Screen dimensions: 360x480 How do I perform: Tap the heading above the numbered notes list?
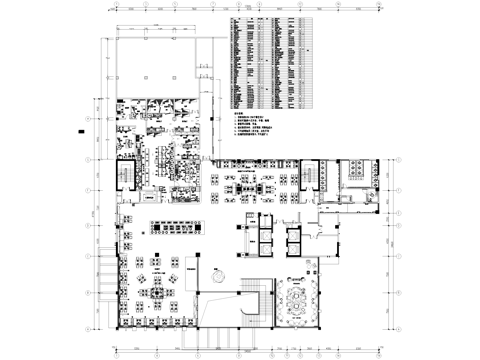(x=238, y=115)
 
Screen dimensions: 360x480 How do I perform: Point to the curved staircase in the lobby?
(x=255, y=301)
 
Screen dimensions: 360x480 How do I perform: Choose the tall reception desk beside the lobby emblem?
(x=191, y=271)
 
